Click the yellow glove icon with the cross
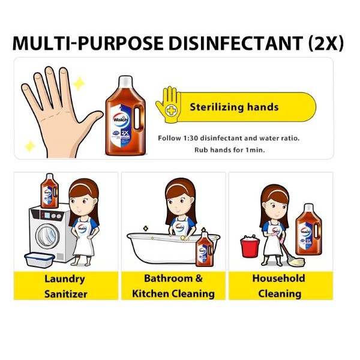[x=169, y=104]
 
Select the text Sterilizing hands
[x=234, y=107]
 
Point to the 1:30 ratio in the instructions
[x=191, y=138]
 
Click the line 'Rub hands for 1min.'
[x=230, y=150]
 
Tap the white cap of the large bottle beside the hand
[x=125, y=82]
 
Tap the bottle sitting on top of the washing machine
[x=49, y=191]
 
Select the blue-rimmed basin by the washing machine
[x=39, y=260]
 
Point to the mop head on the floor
[x=295, y=261]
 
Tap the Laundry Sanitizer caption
[x=65, y=286]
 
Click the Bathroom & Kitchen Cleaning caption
[x=173, y=286]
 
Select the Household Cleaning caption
[x=279, y=286]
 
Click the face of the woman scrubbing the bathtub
[x=181, y=203]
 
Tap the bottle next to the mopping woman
[x=308, y=230]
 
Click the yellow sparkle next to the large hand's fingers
[x=79, y=83]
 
